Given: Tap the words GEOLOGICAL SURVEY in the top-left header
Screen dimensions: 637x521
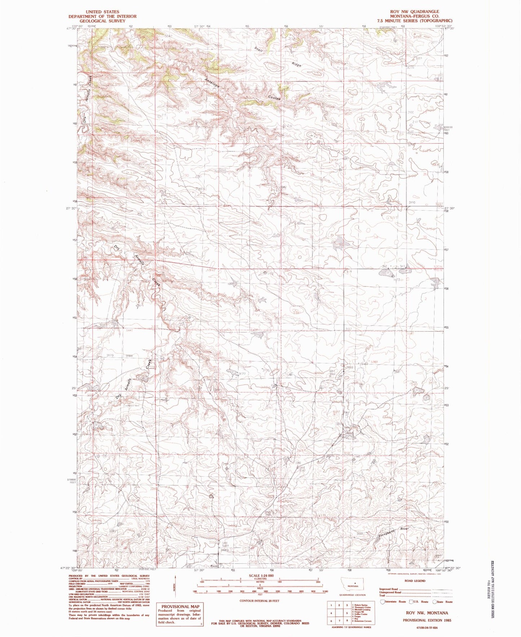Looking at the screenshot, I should [x=102, y=21].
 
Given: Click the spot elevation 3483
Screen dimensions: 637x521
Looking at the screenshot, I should [x=225, y=550].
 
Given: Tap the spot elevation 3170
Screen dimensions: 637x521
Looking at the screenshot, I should [x=110, y=356].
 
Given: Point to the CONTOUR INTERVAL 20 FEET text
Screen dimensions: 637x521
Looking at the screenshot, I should [x=259, y=601].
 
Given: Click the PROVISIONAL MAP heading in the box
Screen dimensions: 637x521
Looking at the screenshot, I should [x=180, y=607].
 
